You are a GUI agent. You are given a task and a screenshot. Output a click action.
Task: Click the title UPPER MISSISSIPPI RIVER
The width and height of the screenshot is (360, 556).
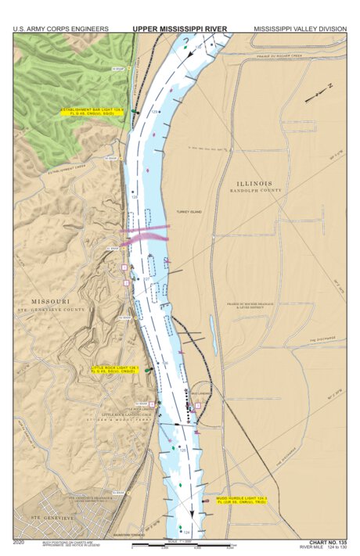click(x=180, y=29)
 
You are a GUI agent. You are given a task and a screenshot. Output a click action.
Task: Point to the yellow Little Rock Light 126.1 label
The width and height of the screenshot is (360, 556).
click(x=115, y=369)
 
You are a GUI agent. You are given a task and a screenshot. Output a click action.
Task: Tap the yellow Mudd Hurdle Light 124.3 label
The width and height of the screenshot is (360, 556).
click(x=242, y=499)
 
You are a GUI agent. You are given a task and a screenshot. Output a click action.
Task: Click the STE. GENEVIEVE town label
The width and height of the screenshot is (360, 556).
click(x=42, y=518)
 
